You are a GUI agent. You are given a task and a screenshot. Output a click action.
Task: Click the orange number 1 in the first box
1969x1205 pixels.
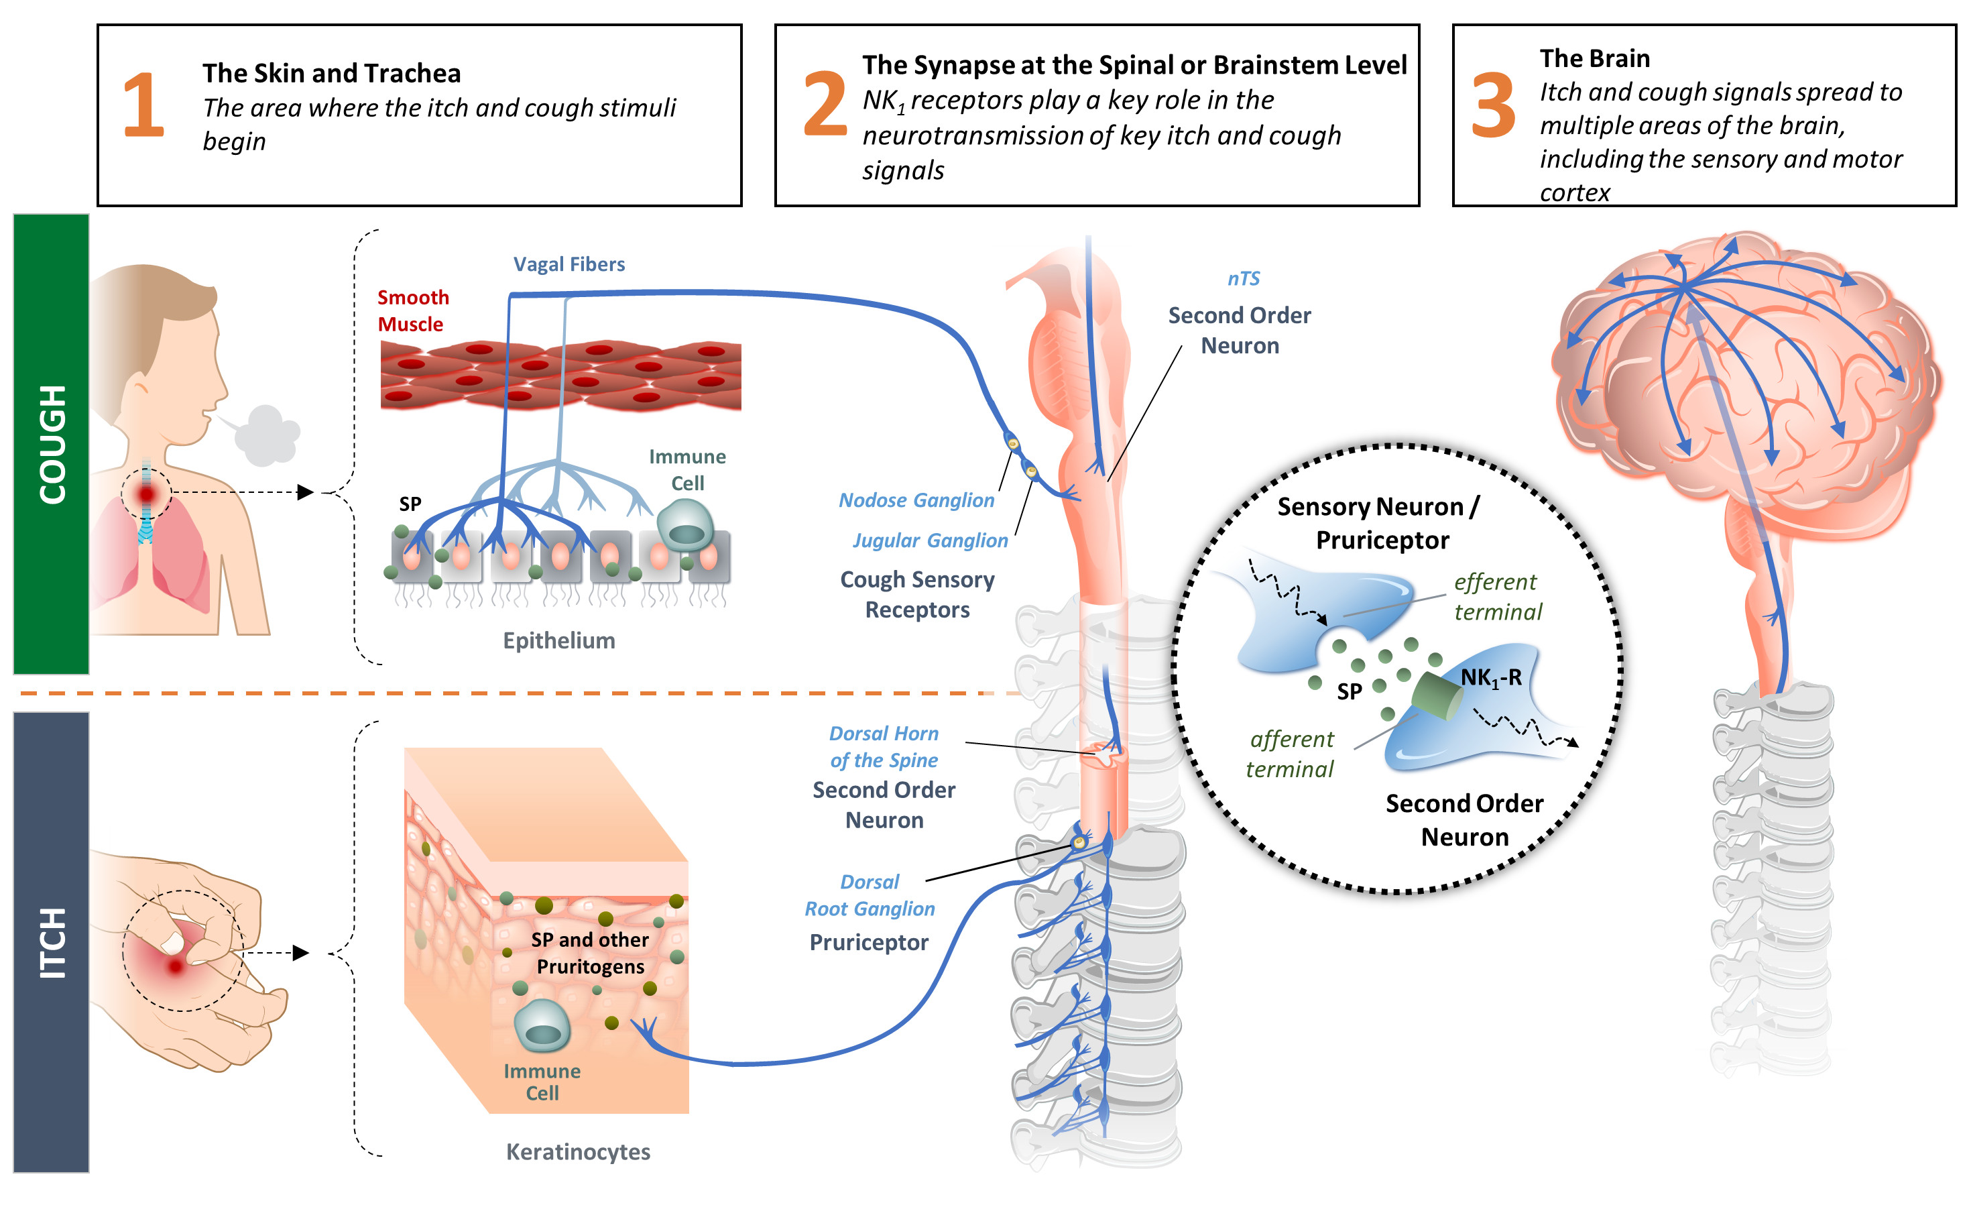(x=144, y=105)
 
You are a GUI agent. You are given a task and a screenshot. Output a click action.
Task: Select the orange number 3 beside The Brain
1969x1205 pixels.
(x=1493, y=105)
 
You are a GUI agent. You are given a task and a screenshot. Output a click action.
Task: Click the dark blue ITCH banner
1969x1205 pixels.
(x=52, y=943)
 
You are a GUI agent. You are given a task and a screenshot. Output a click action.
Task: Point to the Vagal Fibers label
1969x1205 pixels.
(x=569, y=264)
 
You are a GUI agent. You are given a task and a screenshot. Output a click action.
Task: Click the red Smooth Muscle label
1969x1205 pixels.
(x=413, y=311)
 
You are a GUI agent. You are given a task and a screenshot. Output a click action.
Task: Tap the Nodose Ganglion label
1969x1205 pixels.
(x=916, y=500)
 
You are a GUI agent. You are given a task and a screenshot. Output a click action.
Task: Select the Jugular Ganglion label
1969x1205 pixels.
(x=930, y=541)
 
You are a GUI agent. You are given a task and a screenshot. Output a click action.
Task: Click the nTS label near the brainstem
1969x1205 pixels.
(x=1244, y=279)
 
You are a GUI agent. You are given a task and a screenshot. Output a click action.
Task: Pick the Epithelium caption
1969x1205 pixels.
(x=558, y=641)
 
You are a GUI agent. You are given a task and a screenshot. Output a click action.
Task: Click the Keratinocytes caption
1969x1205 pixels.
(x=578, y=1152)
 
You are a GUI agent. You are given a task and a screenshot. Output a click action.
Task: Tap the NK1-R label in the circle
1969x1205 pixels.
(x=1490, y=679)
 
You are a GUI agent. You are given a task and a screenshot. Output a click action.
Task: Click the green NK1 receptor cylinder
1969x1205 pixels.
(x=1437, y=696)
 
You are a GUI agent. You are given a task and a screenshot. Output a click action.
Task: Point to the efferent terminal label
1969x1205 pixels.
(x=1497, y=597)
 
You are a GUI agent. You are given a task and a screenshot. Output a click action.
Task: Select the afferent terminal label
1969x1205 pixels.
(x=1291, y=754)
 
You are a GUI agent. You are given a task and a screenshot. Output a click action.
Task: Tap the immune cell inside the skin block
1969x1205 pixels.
(x=542, y=1026)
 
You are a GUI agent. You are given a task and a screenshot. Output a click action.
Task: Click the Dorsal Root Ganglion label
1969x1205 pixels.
(x=870, y=896)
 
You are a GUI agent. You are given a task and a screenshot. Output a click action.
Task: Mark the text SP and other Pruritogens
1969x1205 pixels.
(x=590, y=954)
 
